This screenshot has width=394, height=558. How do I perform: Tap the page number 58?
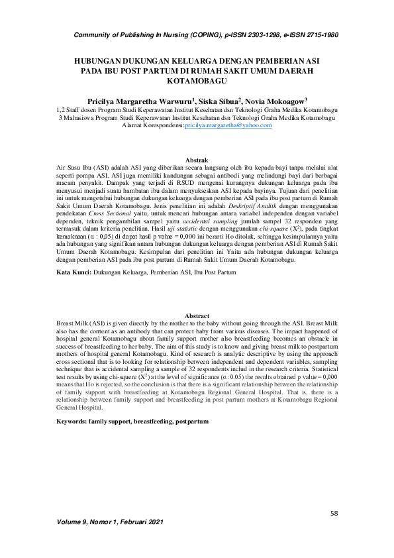[334, 513]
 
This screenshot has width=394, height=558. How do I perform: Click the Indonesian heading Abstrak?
[197, 160]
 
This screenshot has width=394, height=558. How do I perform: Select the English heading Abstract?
[197, 315]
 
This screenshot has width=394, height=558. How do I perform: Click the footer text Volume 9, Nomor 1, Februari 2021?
[109, 541]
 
